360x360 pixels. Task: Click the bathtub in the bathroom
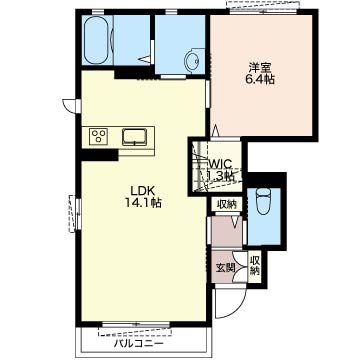pos(96,40)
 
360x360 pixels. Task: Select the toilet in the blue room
pos(264,201)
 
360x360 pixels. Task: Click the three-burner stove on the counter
pos(98,137)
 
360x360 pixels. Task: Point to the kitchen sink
pos(134,137)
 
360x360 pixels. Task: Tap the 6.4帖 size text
pos(260,80)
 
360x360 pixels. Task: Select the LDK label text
pos(142,191)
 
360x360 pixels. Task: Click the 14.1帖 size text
pos(143,202)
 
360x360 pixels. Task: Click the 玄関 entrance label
pos(226,268)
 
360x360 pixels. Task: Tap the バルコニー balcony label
pos(139,343)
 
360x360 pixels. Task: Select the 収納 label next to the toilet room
pos(227,204)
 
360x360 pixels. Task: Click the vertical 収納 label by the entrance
pos(255,266)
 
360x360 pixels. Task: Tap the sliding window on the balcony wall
pos(136,324)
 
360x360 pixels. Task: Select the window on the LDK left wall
pos(78,214)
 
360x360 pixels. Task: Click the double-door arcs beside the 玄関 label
pos(239,267)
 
